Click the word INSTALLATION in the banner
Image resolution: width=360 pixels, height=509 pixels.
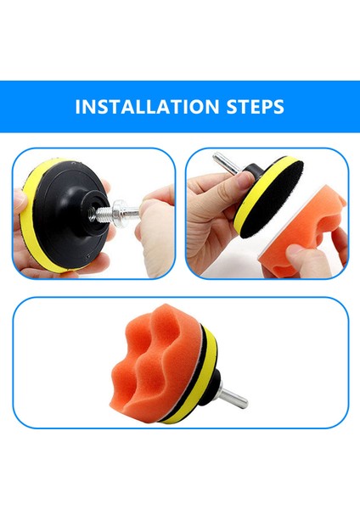click(147, 107)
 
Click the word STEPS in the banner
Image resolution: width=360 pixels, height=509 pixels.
click(255, 107)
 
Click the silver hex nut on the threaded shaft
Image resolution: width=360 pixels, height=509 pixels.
click(120, 213)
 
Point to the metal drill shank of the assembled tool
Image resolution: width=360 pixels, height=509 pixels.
click(233, 394)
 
